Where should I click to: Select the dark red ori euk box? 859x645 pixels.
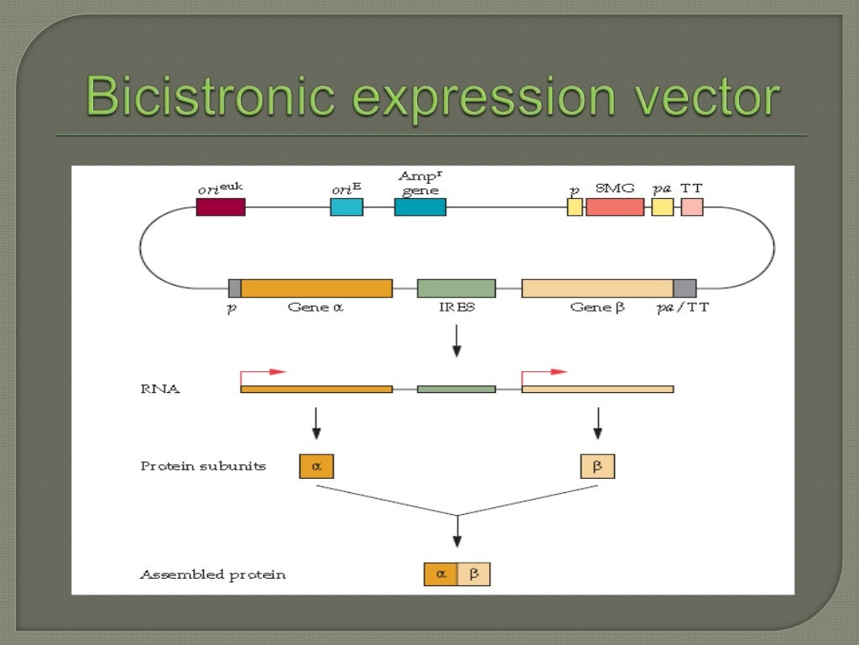click(221, 207)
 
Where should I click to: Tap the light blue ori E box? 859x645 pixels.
click(346, 207)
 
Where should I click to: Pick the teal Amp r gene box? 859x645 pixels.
click(420, 207)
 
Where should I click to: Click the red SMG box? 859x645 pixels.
click(615, 207)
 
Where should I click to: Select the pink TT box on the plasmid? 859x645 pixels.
click(692, 207)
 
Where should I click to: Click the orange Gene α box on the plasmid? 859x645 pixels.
click(316, 288)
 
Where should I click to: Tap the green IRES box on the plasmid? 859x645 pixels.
click(456, 288)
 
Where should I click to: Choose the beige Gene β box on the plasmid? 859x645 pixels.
click(597, 288)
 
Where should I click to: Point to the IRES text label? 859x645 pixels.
click(456, 307)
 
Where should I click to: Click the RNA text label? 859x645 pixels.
click(159, 389)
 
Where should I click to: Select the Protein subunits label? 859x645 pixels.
click(203, 466)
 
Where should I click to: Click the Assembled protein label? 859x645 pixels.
click(212, 575)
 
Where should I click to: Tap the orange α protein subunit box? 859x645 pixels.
click(316, 466)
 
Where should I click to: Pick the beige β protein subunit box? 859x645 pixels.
click(597, 466)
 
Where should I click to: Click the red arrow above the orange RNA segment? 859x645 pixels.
click(263, 372)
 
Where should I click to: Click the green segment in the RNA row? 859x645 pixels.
click(456, 389)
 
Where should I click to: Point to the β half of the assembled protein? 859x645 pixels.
click(474, 574)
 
